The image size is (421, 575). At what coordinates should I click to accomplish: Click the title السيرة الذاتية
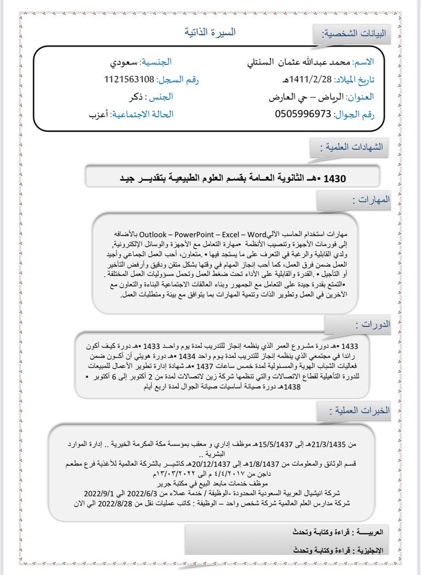210,32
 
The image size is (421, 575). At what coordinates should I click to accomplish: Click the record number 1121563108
130,79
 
